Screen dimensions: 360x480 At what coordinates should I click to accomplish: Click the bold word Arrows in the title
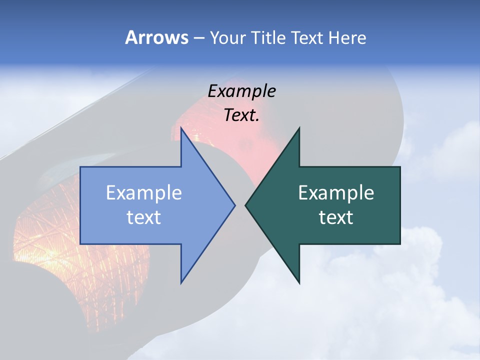click(156, 38)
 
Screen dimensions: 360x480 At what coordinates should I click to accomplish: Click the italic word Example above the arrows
click(241, 91)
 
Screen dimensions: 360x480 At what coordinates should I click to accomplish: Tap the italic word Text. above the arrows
click(241, 115)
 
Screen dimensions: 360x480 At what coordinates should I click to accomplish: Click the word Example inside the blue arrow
click(144, 193)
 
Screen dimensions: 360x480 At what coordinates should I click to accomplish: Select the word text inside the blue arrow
click(144, 217)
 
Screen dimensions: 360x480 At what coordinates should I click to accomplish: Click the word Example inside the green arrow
click(336, 193)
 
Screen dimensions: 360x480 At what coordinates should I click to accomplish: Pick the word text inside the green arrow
click(336, 217)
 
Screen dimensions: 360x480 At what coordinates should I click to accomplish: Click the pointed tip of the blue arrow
click(234, 205)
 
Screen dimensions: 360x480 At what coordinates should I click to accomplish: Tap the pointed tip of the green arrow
click(245, 205)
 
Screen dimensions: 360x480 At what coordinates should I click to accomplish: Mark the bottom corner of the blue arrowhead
click(181, 283)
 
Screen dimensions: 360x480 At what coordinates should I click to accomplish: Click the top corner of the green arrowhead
click(299, 128)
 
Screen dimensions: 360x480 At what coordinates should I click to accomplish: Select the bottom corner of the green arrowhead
click(299, 283)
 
